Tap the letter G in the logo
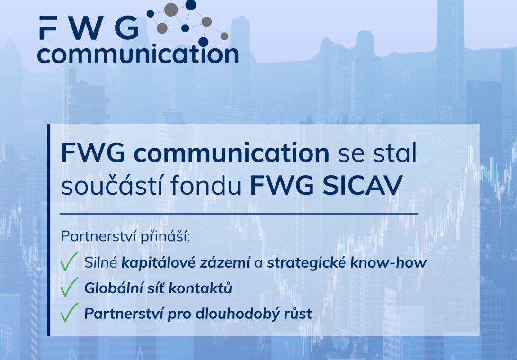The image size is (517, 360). click(x=127, y=28)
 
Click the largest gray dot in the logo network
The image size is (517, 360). click(x=171, y=9)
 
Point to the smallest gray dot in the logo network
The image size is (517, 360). click(x=224, y=36)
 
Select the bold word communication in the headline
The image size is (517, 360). click(x=231, y=153)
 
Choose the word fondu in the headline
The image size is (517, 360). click(x=206, y=185)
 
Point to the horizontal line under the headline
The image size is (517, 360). click(x=239, y=214)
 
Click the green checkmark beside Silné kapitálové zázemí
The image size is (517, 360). click(x=69, y=261)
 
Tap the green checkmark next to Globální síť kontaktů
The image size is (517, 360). click(x=69, y=287)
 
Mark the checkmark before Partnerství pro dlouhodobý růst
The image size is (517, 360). click(x=69, y=312)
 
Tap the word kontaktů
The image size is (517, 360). click(x=200, y=288)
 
